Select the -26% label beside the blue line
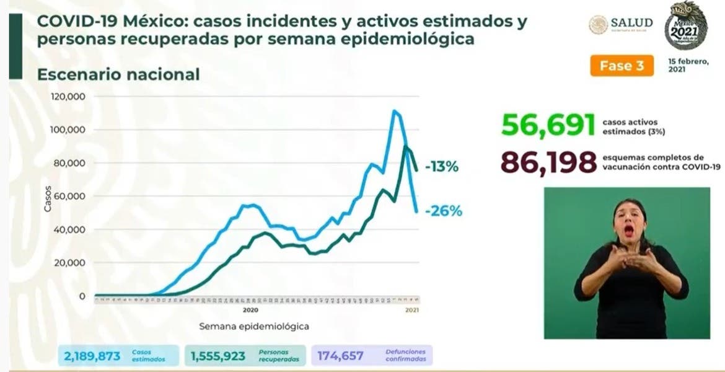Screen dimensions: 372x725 444,211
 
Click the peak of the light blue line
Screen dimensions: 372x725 394,112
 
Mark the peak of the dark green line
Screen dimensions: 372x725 405,147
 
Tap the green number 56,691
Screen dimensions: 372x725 548,125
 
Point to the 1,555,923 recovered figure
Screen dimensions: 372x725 219,356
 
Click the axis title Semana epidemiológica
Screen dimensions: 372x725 254,325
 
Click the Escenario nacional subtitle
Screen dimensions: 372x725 118,75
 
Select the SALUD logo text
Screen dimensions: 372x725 631,23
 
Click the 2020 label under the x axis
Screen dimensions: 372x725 250,309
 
